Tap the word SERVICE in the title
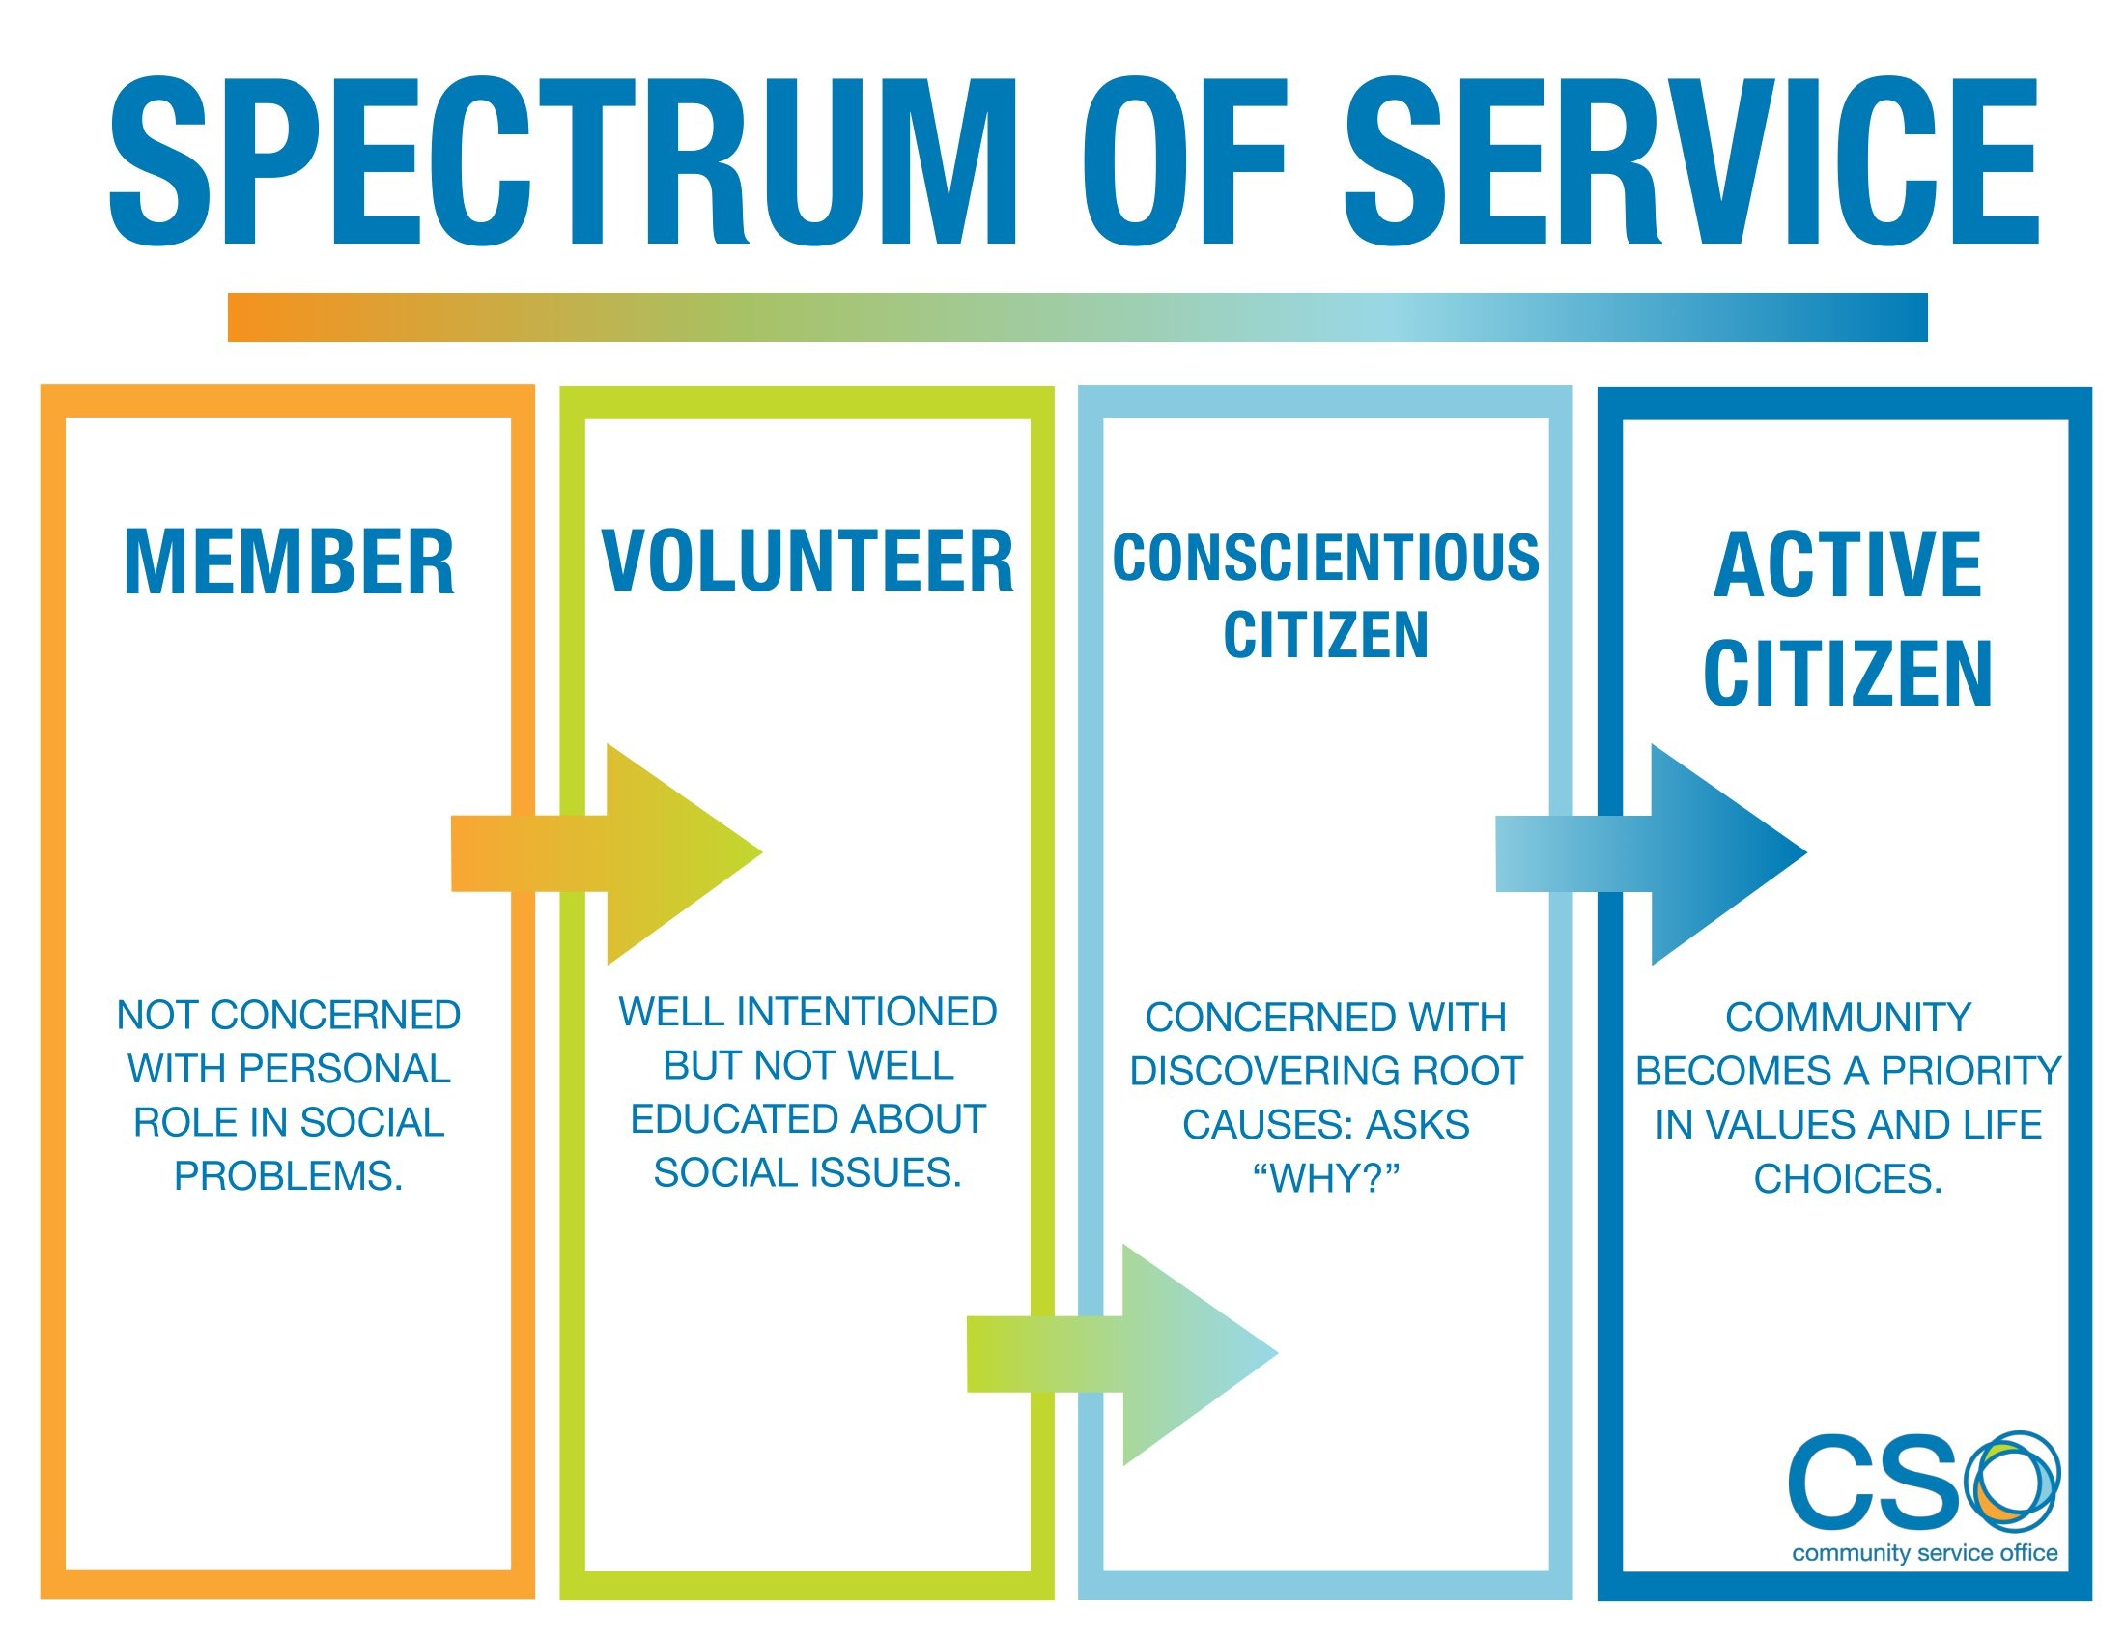[1691, 162]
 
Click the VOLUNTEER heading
[807, 562]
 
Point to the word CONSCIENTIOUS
[1325, 559]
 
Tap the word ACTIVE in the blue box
[1847, 565]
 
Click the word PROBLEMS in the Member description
[288, 1177]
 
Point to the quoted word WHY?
[1325, 1179]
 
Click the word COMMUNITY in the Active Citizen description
[1848, 1017]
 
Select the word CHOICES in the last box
[1847, 1179]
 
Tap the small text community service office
[1924, 1553]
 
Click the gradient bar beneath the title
[1077, 317]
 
